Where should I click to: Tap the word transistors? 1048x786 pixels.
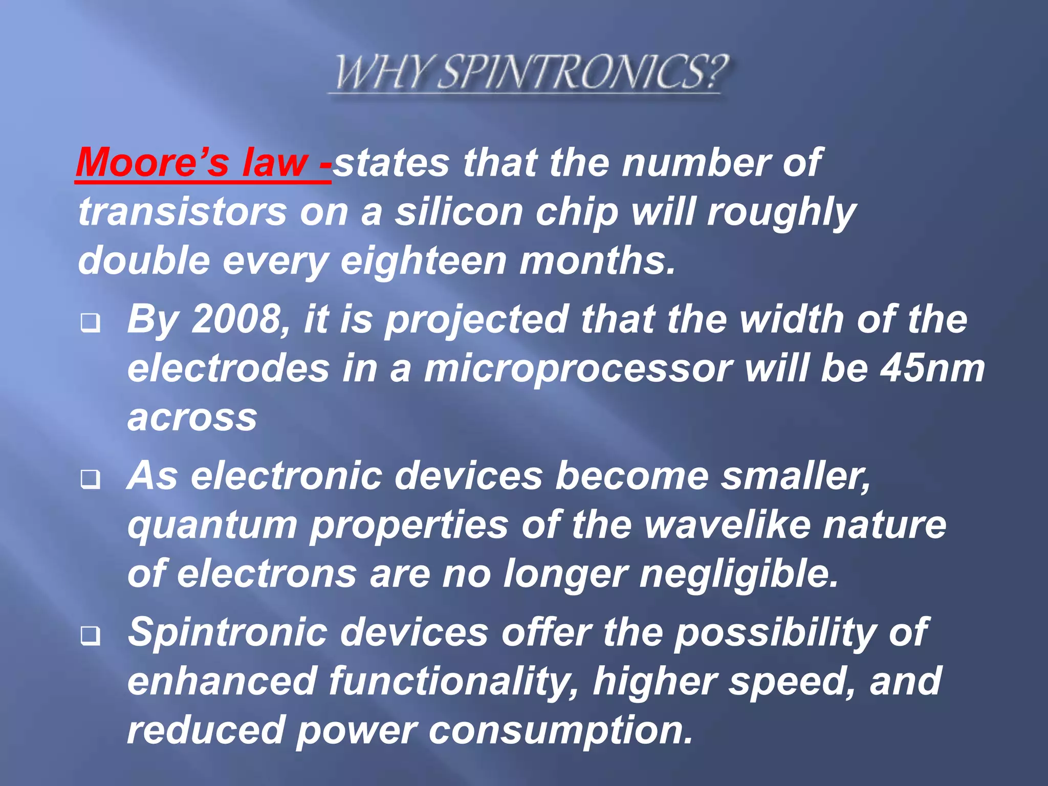tap(183, 212)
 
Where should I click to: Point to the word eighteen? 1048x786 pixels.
tap(423, 260)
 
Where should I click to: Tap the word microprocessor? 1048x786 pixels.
tap(578, 369)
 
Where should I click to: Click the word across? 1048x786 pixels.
tap(192, 417)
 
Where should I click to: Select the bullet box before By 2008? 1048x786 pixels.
tap(90, 323)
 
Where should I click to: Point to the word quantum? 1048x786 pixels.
tap(212, 526)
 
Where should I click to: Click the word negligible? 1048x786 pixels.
tap(738, 574)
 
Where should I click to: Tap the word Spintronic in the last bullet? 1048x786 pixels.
tap(227, 632)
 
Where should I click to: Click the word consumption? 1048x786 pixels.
tap(561, 730)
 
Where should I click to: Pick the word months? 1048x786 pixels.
tap(597, 260)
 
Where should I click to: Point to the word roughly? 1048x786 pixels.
tap(781, 212)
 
